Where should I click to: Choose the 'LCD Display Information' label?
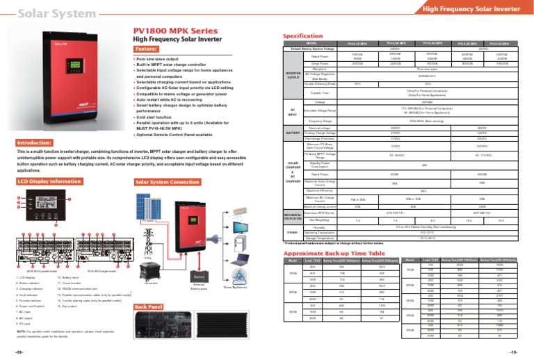click(49, 182)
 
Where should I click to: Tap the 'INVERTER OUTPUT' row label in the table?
click(293, 75)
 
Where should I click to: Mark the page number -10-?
click(522, 352)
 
